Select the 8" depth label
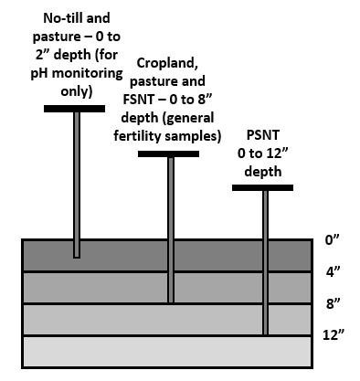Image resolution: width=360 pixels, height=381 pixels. [x=334, y=302]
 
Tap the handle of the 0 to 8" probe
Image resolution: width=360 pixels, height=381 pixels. [x=169, y=153]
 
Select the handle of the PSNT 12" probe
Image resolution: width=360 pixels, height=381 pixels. [x=263, y=187]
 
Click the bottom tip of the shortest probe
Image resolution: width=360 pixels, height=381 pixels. [x=76, y=255]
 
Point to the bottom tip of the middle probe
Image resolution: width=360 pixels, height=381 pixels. [x=170, y=301]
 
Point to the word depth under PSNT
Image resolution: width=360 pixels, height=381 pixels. [x=262, y=170]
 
